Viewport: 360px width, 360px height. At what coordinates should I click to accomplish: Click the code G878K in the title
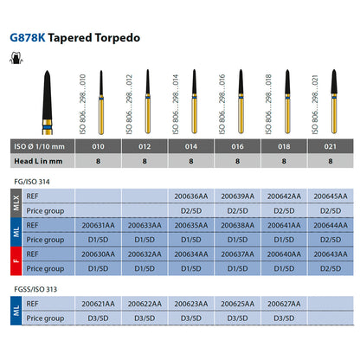point(28,38)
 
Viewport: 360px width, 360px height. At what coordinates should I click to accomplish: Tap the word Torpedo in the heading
point(118,38)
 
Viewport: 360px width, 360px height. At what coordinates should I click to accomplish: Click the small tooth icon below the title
point(16,58)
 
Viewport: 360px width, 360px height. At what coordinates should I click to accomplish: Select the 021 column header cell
point(331,146)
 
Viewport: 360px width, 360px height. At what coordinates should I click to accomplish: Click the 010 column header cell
point(98,146)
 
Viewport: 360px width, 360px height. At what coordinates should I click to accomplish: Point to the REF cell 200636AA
point(191,196)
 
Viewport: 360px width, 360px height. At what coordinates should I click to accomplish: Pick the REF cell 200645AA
point(331,196)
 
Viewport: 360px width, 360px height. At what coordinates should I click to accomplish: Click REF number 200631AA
point(98,225)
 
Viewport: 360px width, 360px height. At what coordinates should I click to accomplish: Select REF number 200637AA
point(237,254)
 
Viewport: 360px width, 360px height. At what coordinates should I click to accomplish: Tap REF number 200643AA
point(331,254)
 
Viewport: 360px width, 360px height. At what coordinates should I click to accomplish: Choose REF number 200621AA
point(98,304)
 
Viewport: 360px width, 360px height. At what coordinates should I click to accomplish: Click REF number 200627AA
point(284,304)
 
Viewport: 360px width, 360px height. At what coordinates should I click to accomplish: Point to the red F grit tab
point(16,261)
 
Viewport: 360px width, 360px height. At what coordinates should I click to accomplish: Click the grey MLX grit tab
point(16,203)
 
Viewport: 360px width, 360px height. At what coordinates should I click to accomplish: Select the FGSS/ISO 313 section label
point(35,289)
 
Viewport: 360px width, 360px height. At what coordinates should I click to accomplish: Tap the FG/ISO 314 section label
point(32,182)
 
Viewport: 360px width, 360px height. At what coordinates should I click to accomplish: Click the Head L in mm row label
point(38,161)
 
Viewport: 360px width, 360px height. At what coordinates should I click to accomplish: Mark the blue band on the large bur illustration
point(48,128)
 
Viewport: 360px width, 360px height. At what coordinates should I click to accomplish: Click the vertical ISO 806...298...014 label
point(176,104)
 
